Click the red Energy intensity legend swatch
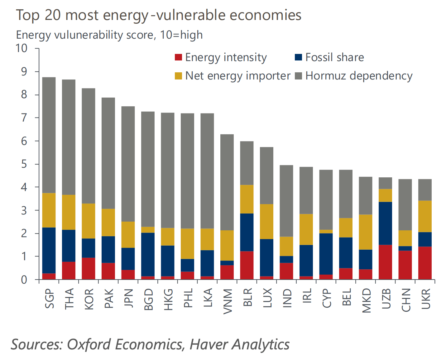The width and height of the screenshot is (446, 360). pyautogui.click(x=178, y=57)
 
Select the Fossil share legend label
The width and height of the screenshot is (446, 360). pyautogui.click(x=334, y=57)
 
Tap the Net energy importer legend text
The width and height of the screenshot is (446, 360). pyautogui.click(x=237, y=76)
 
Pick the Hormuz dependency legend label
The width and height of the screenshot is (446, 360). pyautogui.click(x=359, y=76)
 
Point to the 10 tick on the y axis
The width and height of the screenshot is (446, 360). pyautogui.click(x=22, y=48)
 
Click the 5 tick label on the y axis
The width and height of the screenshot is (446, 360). pyautogui.click(x=24, y=164)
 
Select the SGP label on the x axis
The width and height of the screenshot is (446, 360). pyautogui.click(x=50, y=298)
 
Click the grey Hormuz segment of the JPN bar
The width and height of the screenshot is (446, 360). pyautogui.click(x=128, y=164)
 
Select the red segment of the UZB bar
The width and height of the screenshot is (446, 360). pyautogui.click(x=385, y=262)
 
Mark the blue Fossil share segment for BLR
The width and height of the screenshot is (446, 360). pyautogui.click(x=247, y=232)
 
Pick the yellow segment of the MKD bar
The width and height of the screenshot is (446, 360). pyautogui.click(x=366, y=232)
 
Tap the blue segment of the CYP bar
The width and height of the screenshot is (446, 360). pyautogui.click(x=326, y=254)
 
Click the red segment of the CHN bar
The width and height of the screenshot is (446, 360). pyautogui.click(x=405, y=265)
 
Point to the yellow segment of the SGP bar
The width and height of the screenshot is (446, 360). pyautogui.click(x=49, y=210)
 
